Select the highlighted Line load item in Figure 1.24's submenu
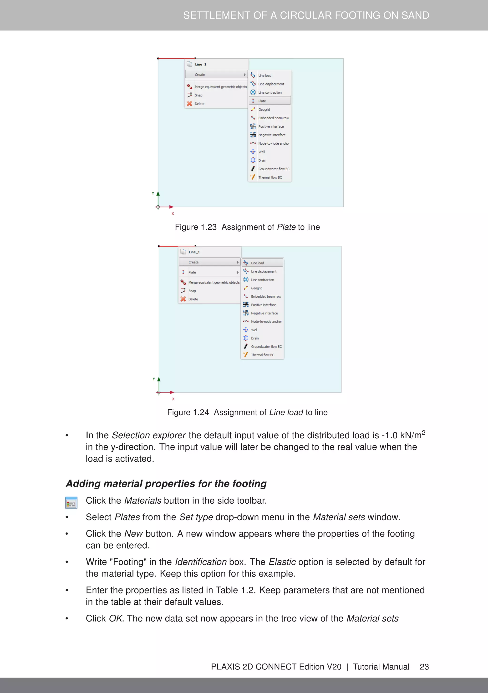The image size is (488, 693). coord(262,263)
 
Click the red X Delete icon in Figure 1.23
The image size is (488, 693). coord(189,104)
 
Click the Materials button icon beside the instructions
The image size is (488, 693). coord(71,503)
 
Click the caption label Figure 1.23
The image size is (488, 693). coord(196,227)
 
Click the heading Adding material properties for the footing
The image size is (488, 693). coord(166,484)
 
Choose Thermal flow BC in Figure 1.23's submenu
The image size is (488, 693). coord(270,177)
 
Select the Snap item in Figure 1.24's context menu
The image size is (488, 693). coord(192,291)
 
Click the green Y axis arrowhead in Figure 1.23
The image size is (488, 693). coord(158,194)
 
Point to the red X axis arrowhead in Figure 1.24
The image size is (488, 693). coord(172,392)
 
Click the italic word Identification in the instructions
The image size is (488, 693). coord(201,562)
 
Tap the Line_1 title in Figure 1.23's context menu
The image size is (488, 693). coord(201,64)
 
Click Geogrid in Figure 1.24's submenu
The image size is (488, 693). coord(256,288)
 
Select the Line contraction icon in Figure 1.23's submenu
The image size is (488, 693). coord(253,92)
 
